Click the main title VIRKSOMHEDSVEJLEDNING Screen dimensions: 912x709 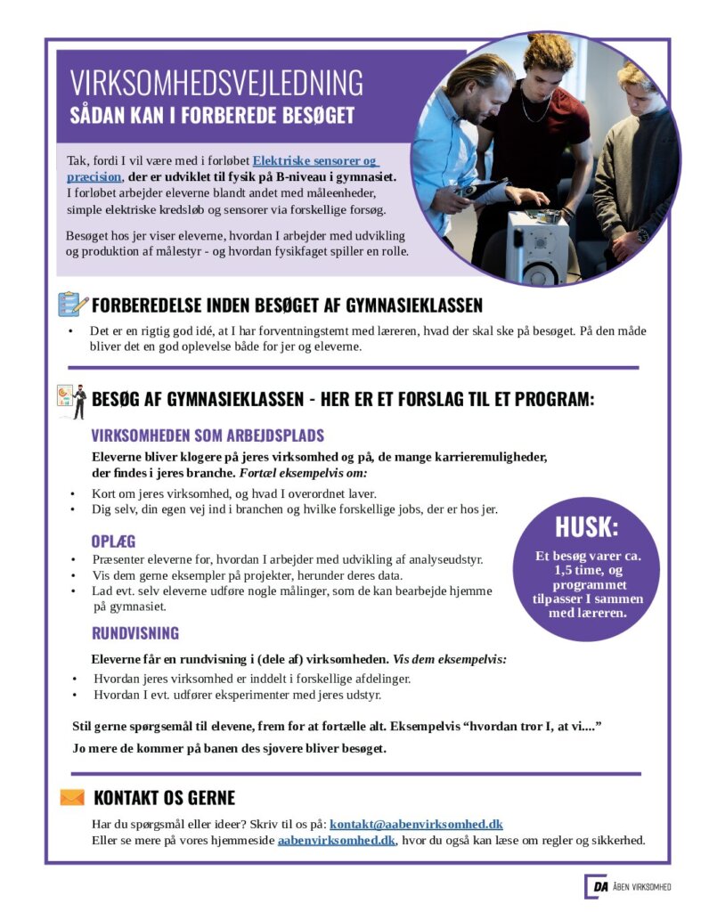coord(216,82)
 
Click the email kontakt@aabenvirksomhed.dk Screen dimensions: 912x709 coord(416,824)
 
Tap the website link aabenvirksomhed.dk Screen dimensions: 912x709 coord(336,840)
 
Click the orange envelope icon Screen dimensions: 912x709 coord(72,797)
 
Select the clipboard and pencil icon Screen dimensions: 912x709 coord(72,305)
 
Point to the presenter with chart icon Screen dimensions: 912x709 coord(71,398)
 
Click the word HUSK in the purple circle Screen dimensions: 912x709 coord(586,527)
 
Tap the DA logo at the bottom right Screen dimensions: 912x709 coord(596,886)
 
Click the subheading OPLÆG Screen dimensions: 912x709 coord(113,541)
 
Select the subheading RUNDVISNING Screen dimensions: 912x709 coord(134,633)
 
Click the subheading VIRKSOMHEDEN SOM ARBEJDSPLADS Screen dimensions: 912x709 coord(208,436)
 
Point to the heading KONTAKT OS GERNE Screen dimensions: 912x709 coord(164,797)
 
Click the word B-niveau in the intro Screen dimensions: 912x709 coord(296,177)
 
